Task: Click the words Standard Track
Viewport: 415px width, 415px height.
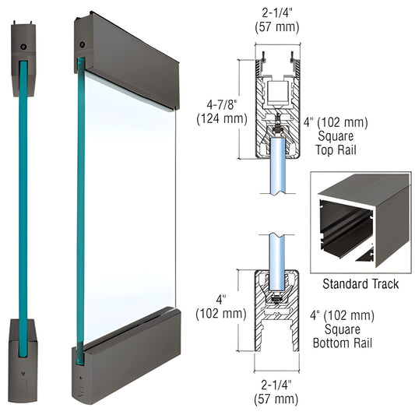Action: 360,284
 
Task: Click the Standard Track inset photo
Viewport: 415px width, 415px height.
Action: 360,222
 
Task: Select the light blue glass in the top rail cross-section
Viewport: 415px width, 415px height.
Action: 277,167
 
